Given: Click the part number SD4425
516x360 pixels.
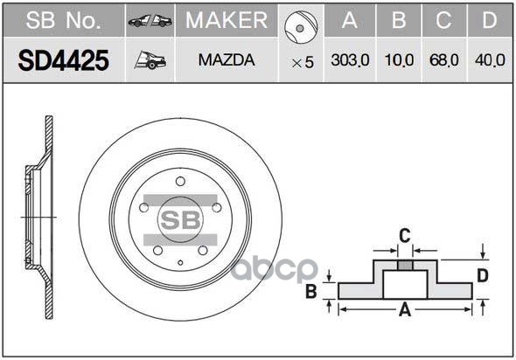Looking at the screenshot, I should coord(62,60).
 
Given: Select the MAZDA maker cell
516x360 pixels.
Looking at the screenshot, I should coord(226,60).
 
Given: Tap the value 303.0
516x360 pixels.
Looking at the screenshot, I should coord(350,60).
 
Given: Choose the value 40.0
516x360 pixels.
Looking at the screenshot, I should coord(490,60).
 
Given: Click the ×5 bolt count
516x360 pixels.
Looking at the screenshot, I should coord(302,61).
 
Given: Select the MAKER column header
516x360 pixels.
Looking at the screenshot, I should coord(226,20).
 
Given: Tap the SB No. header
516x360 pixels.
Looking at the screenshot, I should coord(62,20).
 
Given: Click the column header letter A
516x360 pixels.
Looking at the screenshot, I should coord(350,20).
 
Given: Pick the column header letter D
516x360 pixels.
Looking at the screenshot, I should coord(490,20).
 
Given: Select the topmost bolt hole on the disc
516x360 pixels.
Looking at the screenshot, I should coord(180,181).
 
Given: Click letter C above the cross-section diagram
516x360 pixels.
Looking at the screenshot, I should coord(404,234).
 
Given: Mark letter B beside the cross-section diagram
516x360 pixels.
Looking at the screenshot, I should coord(310,292).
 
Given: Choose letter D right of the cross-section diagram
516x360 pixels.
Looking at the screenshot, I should coord(481,276).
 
